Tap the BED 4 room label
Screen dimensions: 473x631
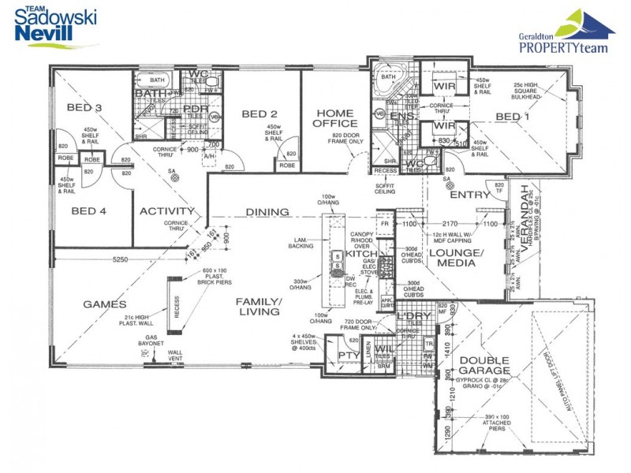point(88,210)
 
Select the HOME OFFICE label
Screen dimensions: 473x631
point(334,117)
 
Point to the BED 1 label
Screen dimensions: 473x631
point(513,117)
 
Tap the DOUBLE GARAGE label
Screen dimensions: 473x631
point(484,367)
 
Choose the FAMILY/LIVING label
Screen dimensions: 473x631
point(259,306)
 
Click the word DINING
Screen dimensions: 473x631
point(267,212)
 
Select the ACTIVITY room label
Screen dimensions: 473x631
point(167,211)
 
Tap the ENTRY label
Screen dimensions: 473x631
point(470,195)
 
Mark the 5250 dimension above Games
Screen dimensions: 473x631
point(121,259)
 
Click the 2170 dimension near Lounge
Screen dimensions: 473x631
point(450,224)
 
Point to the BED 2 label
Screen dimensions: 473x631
point(260,114)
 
